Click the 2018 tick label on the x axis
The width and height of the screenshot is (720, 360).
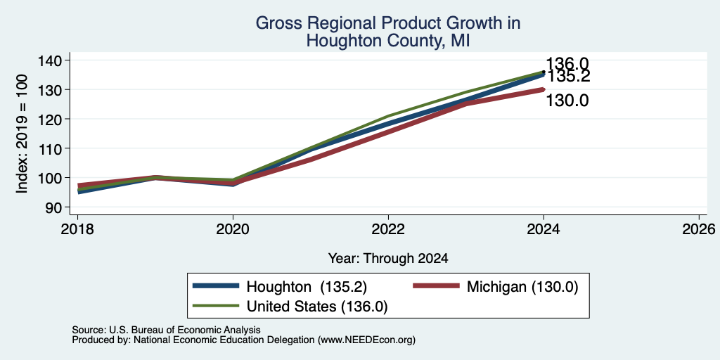(77, 229)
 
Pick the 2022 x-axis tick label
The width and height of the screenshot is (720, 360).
(388, 229)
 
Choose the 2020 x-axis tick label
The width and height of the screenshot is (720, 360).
(233, 229)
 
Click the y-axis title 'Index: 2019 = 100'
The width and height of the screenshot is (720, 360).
(22, 134)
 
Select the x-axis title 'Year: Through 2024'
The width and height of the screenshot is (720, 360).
(388, 259)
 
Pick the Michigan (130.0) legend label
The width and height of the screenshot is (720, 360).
(522, 287)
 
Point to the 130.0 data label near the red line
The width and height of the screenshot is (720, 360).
(567, 100)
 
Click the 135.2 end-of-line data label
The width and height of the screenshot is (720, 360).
(568, 76)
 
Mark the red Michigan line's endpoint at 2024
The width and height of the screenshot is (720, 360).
(544, 89)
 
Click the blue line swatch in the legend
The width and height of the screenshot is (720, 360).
(216, 285)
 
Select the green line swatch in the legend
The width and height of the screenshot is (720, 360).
(216, 305)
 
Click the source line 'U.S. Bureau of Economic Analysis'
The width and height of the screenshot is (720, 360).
(185, 330)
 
